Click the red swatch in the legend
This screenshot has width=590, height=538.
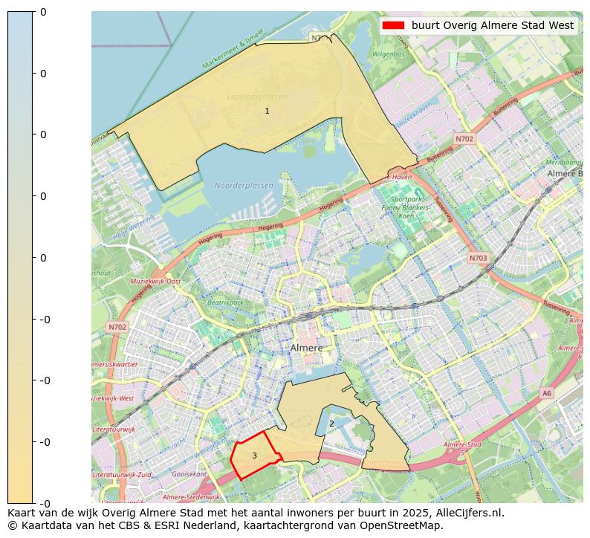point(392,25)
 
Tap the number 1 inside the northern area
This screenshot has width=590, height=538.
point(267,111)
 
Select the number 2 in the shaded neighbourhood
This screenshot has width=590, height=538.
point(331,424)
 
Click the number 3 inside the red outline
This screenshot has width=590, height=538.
point(254,456)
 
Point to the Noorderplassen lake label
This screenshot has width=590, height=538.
point(243,186)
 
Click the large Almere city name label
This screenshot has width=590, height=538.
point(306,348)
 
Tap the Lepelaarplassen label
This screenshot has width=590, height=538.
point(256,97)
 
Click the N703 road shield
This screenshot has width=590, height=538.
point(479,259)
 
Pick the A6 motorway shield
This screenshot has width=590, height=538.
point(547,393)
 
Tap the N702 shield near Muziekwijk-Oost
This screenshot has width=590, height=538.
point(117,327)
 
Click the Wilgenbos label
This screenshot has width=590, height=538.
point(388,55)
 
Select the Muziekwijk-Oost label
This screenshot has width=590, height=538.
point(155,282)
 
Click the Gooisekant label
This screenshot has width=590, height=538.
point(189,473)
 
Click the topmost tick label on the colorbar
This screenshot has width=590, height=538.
point(43,12)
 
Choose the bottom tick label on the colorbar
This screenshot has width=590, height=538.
point(43,503)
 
